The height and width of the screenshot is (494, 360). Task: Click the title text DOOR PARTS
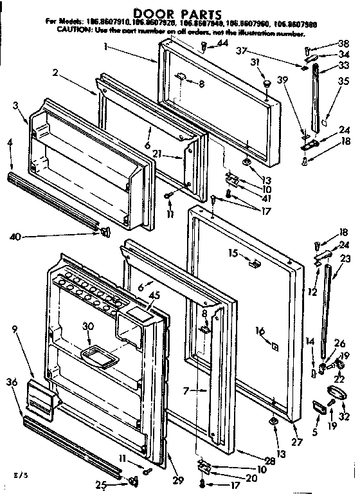tap(179, 12)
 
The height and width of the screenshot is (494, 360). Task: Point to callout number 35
tap(344, 82)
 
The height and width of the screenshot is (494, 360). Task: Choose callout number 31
tap(255, 62)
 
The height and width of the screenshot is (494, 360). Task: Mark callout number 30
tap(87, 325)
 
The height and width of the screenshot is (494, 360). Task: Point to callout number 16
tap(260, 330)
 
